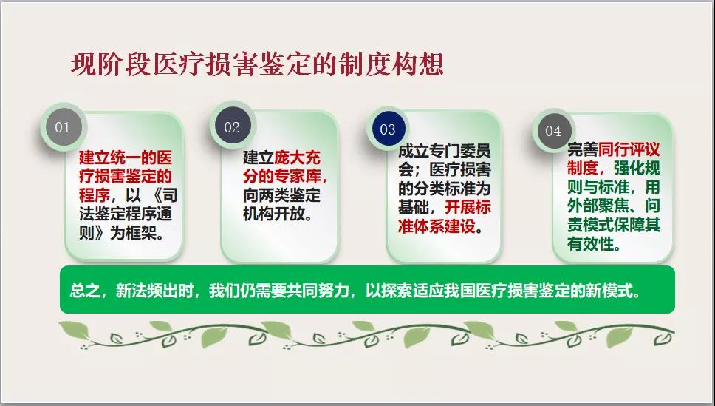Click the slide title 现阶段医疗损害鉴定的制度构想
[257, 64]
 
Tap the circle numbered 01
[63, 126]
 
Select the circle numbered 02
[232, 127]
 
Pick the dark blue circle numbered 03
[388, 129]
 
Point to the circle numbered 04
[553, 131]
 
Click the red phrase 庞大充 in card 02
[298, 158]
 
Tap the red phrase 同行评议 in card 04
[629, 149]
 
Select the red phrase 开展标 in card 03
[468, 207]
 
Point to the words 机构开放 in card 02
[273, 214]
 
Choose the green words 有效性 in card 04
[590, 244]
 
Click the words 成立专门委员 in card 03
[445, 151]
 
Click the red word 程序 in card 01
[95, 195]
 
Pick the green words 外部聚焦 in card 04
[598, 206]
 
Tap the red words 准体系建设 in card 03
[437, 226]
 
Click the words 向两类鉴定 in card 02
[281, 195]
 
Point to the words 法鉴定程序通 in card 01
[126, 214]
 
